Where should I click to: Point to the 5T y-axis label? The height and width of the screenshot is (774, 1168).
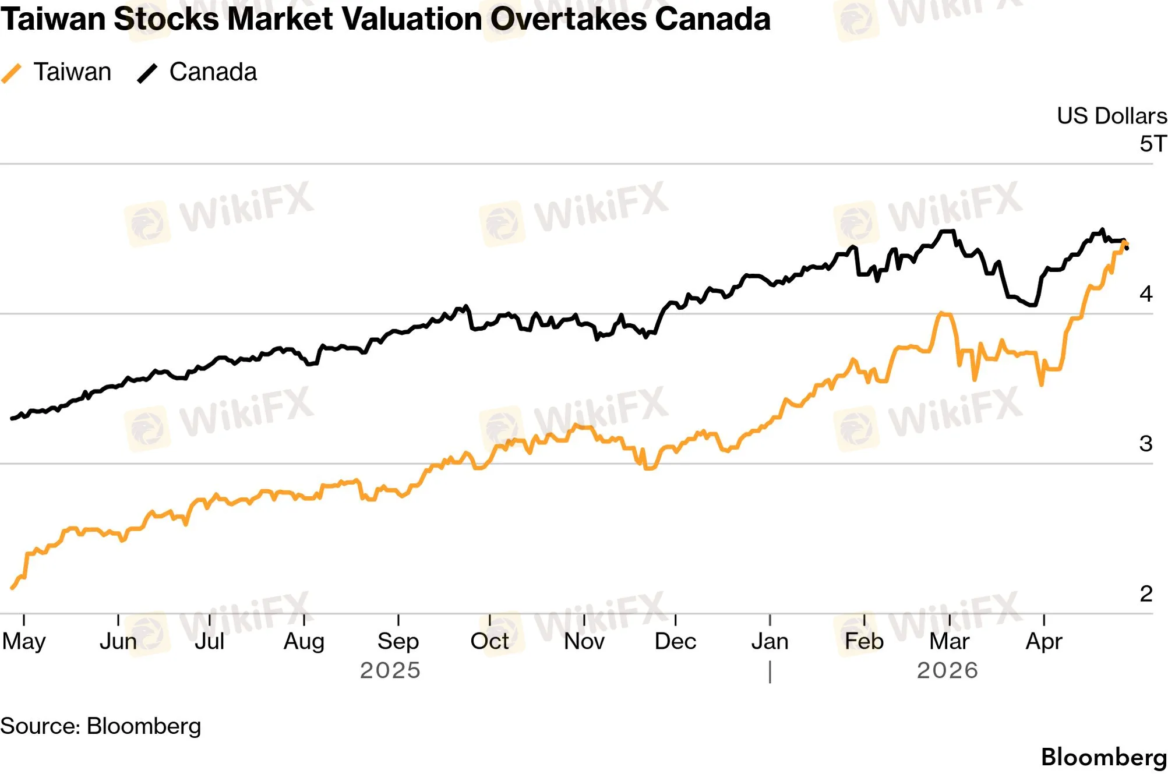pos(1153,143)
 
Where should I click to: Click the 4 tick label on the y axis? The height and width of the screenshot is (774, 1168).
pos(1146,294)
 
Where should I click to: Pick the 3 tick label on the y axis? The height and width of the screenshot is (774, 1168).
pos(1146,444)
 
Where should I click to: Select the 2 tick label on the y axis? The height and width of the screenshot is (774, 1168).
pos(1146,593)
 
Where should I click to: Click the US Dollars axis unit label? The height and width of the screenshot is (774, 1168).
pos(1111,116)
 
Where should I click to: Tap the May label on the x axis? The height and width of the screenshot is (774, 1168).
pos(24,641)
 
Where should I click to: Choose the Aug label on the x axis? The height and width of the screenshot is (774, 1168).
pos(304,641)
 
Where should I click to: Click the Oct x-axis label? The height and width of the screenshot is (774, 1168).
pos(489,641)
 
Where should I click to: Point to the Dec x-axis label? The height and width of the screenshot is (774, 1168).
pos(675,641)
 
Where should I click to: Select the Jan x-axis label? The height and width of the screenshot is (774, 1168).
pos(770,641)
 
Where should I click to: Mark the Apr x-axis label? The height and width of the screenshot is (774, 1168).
pos(1043,641)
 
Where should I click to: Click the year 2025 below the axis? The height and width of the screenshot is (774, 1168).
pos(390,670)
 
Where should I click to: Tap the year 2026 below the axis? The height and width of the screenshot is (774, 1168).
pos(947,670)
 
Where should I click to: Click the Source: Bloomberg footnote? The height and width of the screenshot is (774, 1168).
pos(100,726)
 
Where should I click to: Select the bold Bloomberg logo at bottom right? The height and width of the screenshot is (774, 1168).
pos(1103,757)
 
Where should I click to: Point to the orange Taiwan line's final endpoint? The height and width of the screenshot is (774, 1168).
pos(1125,243)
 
